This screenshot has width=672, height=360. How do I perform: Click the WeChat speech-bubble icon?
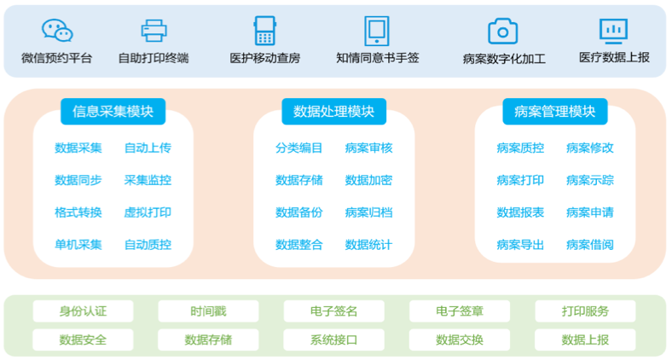(57, 31)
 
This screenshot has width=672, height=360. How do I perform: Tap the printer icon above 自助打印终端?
(154, 31)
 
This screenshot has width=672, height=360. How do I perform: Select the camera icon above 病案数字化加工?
(503, 32)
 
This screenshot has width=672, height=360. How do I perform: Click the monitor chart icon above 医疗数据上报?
(613, 31)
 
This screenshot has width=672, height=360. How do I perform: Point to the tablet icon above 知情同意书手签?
(377, 31)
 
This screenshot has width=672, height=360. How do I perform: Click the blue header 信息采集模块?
(113, 111)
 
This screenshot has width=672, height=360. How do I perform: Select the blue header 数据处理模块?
(333, 111)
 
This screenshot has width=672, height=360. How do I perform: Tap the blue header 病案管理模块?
(554, 111)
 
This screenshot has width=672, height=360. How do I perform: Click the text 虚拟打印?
(148, 212)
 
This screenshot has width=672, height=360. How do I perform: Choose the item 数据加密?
(368, 180)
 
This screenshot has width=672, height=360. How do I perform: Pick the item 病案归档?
(368, 212)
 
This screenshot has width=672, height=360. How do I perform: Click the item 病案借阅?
(589, 245)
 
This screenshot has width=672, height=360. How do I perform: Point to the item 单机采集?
(78, 245)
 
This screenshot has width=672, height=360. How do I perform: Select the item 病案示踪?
(589, 180)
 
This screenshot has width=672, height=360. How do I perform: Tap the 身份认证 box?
(83, 311)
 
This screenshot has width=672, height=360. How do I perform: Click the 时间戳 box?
(208, 311)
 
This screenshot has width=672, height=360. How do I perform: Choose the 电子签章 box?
(460, 311)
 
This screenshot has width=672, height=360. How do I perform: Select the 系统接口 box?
(333, 340)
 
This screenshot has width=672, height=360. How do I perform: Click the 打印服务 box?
(585, 311)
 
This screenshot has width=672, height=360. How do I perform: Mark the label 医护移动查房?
(265, 59)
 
